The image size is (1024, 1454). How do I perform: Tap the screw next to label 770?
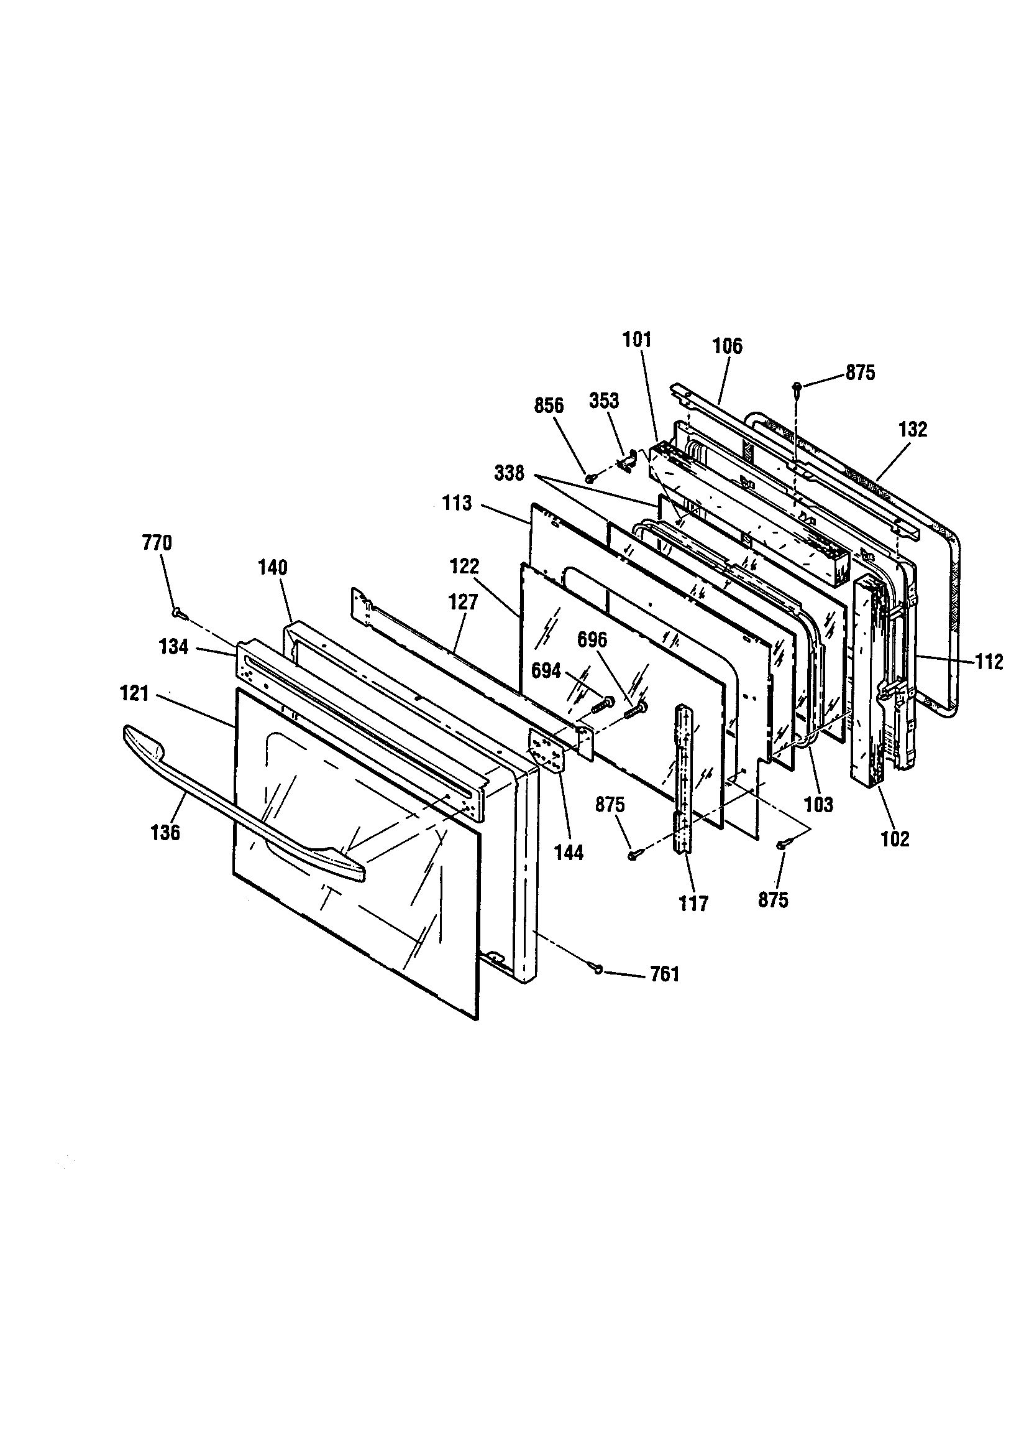tap(178, 612)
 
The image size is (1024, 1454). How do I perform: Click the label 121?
tap(134, 694)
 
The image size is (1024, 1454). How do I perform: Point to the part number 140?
tap(273, 567)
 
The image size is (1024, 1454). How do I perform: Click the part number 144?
tap(569, 853)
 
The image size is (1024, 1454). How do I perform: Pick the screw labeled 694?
tap(603, 702)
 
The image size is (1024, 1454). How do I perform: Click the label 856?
tap(549, 405)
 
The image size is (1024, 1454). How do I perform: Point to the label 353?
tap(605, 401)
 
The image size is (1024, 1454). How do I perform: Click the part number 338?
tap(510, 473)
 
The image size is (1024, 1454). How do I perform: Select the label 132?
tap(913, 429)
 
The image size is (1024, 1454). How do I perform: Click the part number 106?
tap(727, 346)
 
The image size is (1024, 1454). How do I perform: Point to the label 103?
tap(819, 805)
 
